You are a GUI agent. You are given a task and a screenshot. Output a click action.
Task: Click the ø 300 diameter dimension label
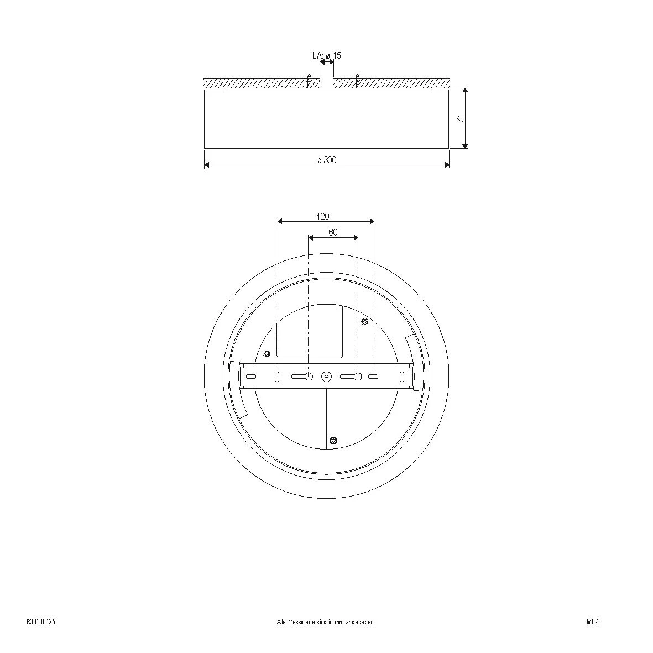click(327, 160)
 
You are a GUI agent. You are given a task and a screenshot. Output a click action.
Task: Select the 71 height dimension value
click(460, 118)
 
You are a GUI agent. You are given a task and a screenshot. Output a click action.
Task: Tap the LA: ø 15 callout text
click(327, 55)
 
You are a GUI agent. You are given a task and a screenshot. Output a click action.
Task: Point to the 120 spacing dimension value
click(323, 216)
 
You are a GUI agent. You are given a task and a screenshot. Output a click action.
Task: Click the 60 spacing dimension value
click(333, 232)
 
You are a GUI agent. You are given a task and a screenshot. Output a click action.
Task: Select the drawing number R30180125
click(41, 622)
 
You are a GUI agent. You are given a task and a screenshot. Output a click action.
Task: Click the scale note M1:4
click(593, 622)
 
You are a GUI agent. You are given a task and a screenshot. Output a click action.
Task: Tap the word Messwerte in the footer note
click(300, 622)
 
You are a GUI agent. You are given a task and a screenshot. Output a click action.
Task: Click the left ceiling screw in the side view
click(309, 80)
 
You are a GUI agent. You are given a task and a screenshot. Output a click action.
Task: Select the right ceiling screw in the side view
click(357, 80)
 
